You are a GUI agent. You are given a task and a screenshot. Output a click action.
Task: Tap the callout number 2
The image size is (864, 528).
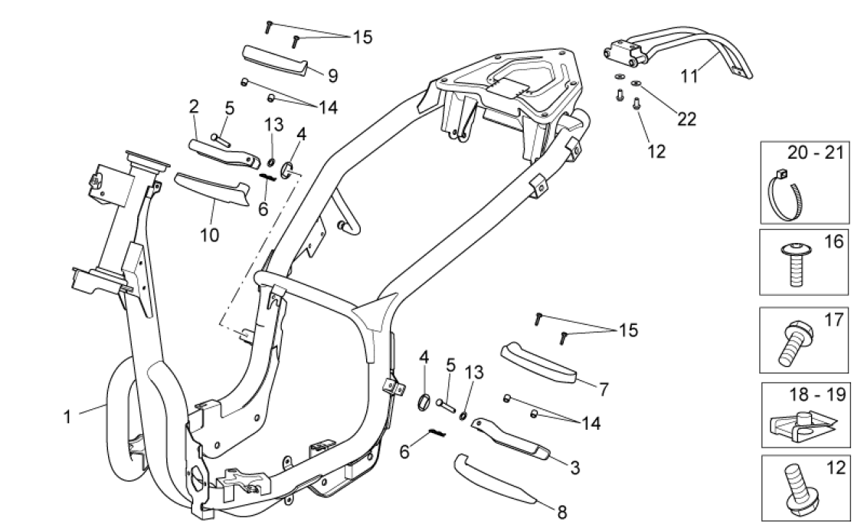195,105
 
